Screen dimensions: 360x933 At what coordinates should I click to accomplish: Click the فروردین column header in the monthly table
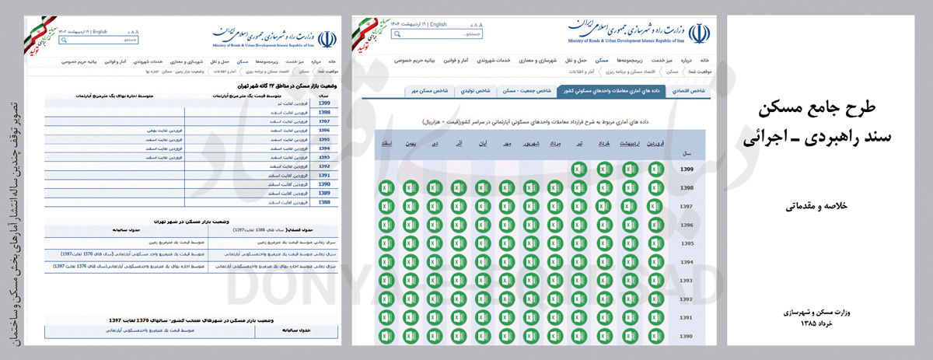(655, 144)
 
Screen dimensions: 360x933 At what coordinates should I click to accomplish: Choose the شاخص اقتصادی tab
(692, 91)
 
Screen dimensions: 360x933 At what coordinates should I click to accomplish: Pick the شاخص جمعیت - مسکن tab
(526, 91)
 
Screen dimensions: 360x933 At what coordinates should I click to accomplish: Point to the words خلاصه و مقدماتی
(826, 204)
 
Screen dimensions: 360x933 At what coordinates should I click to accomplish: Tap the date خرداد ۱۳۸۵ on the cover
(827, 324)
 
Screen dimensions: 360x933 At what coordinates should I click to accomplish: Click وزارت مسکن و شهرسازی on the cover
(826, 312)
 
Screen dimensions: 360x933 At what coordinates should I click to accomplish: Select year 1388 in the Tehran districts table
(324, 202)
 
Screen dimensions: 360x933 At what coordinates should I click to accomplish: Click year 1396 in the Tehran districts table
(324, 130)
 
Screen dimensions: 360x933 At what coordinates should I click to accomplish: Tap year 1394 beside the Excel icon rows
(686, 262)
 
